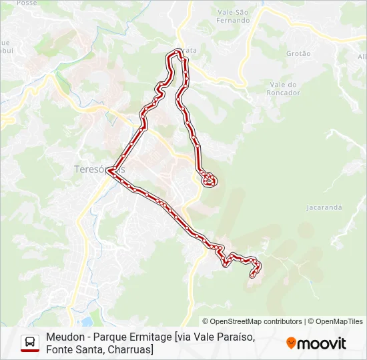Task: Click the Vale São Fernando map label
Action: [234, 16]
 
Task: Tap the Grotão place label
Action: [298, 53]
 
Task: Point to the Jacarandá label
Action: [324, 207]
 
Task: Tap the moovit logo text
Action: [322, 343]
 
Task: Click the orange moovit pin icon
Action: [291, 343]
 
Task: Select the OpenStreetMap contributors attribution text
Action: [252, 321]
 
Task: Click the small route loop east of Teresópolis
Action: [209, 179]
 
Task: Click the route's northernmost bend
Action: [177, 52]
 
